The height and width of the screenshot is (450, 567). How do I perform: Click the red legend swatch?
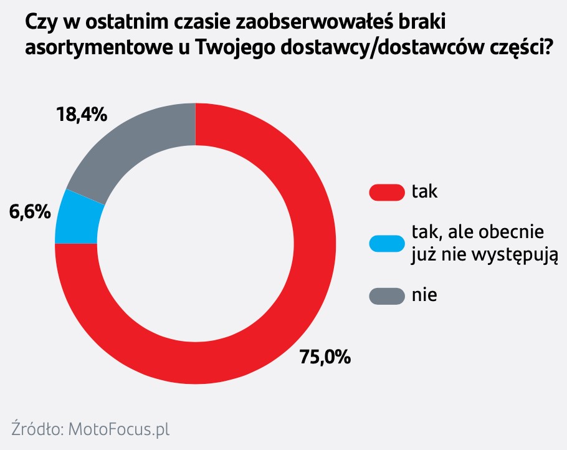point(386,192)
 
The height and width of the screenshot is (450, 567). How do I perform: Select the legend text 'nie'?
point(424,295)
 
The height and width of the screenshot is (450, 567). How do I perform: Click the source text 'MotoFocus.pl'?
point(118,429)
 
